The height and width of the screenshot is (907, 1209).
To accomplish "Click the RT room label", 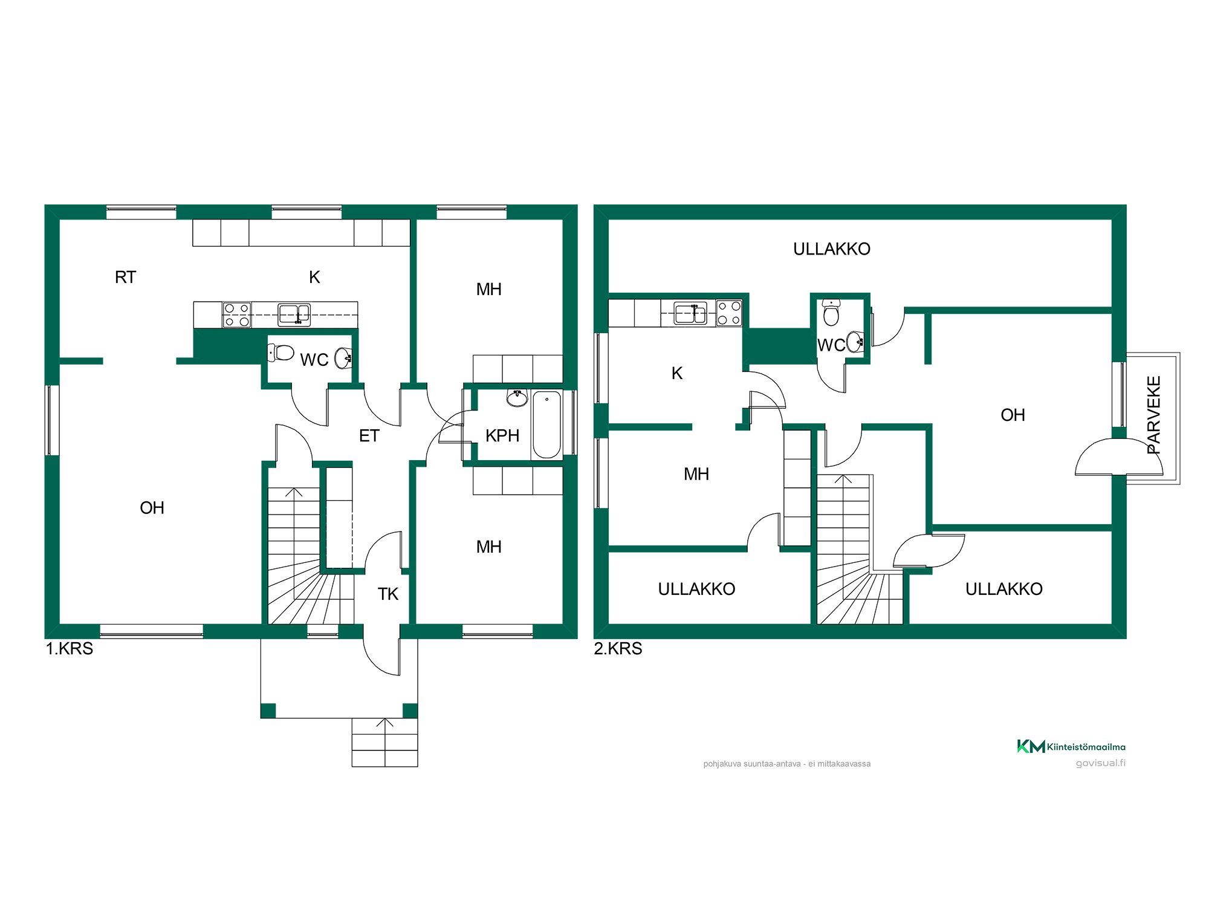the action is coord(126,278).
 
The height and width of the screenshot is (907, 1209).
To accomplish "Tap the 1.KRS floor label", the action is coord(70,649).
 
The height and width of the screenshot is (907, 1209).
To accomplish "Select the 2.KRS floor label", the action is coord(618,649).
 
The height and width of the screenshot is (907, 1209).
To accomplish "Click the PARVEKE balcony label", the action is coord(1154,415).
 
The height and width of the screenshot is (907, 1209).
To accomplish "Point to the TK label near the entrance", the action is coord(388,594).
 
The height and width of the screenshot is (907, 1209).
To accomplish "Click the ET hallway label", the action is coord(369,436).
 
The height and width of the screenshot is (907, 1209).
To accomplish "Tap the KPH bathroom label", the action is coord(502,436).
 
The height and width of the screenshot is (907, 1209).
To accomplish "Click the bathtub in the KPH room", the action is coord(547,424).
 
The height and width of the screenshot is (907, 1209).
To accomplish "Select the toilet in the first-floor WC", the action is coord(280,353).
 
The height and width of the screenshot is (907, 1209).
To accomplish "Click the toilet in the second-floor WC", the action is coord(832,312).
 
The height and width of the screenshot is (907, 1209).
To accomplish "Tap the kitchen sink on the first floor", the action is coord(294,315).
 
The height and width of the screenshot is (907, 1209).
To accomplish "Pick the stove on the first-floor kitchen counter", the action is coord(237,315).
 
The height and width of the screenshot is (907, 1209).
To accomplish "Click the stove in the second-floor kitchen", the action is coord(729,313).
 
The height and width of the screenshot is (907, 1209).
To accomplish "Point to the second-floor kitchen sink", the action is coord(690,314).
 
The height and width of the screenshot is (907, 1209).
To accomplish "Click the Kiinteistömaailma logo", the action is coord(1071,747).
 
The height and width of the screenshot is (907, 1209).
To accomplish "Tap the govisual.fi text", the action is coord(1101,763).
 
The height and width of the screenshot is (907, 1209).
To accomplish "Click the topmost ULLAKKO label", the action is coord(832,249).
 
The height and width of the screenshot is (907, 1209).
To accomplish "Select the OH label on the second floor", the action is coord(1013,415).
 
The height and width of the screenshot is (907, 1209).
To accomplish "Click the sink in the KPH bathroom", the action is coord(517,398).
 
